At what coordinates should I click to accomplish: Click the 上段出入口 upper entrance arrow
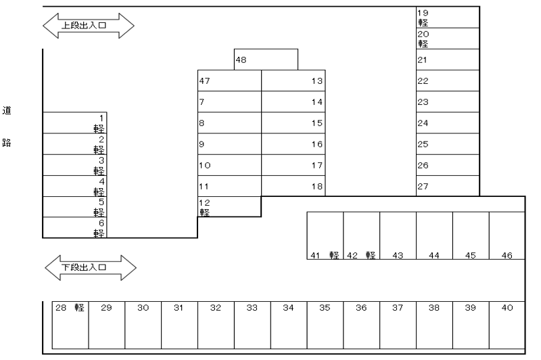click(89, 26)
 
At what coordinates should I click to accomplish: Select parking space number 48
click(266, 60)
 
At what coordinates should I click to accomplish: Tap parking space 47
click(229, 81)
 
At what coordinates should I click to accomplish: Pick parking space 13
click(293, 81)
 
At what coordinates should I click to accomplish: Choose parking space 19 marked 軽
click(448, 17)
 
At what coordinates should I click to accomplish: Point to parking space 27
click(448, 186)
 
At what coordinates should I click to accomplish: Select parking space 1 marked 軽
click(74, 123)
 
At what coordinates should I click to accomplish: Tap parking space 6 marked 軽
click(74, 227)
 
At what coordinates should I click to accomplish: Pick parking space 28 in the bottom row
click(71, 325)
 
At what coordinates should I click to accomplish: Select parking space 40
click(507, 325)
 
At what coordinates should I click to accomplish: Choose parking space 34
click(289, 325)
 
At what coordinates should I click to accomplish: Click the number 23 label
click(424, 103)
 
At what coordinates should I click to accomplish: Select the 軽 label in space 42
click(371, 255)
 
